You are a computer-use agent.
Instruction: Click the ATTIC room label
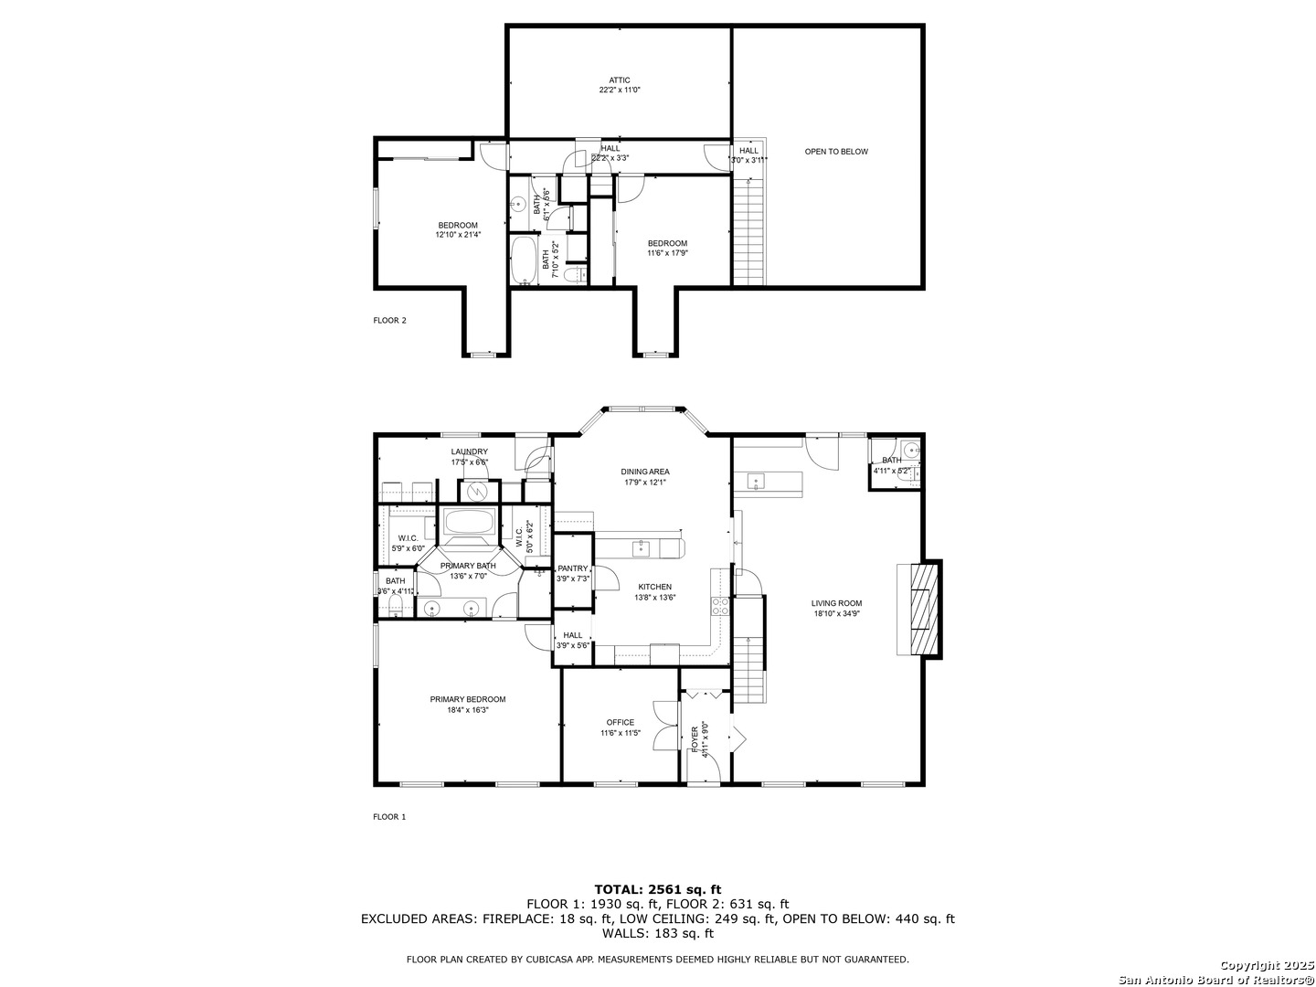tap(620, 80)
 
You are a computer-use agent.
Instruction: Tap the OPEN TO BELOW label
tap(836, 152)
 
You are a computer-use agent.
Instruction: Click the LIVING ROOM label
tap(836, 603)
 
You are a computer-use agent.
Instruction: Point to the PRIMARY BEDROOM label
tap(468, 700)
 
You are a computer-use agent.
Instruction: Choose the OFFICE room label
tap(620, 723)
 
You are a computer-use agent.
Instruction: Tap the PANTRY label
tap(573, 568)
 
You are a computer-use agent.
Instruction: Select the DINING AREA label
tap(646, 472)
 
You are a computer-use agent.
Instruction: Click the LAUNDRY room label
tap(469, 451)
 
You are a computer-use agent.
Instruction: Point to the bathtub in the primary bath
tap(469, 524)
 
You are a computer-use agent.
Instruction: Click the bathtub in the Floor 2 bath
tap(524, 260)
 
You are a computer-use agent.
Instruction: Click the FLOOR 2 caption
tap(389, 321)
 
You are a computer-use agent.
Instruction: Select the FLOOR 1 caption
tap(389, 817)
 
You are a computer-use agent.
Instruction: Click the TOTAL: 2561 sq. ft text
tap(657, 888)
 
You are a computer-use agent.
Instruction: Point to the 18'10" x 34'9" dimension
tap(836, 614)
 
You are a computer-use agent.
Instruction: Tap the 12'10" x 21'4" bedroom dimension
tap(457, 235)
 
